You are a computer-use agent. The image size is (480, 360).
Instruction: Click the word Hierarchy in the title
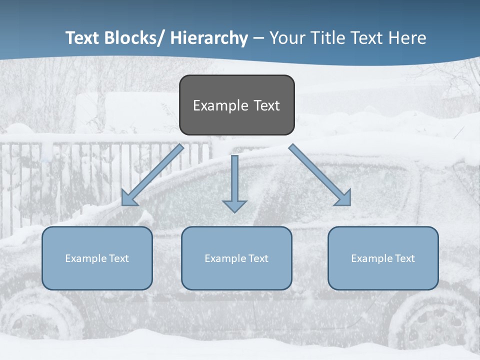(209, 38)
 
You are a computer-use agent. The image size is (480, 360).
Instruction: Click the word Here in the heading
(407, 38)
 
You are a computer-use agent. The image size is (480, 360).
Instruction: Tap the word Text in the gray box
(266, 105)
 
